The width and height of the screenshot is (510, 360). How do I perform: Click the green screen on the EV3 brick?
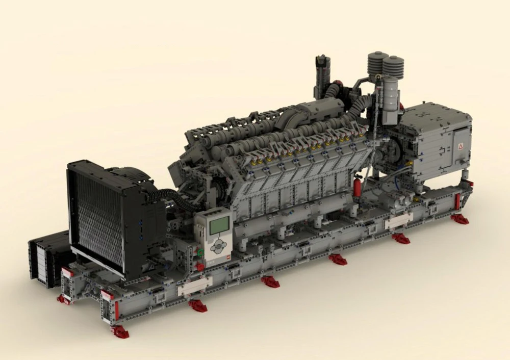coord(220,225)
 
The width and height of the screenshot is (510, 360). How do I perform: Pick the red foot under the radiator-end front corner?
coord(120,332)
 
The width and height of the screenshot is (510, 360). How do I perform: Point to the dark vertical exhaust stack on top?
coord(323,76)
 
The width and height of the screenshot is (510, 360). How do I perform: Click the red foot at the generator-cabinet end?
coord(460,219)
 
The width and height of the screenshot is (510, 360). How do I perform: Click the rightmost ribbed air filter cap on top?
coord(393,67)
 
